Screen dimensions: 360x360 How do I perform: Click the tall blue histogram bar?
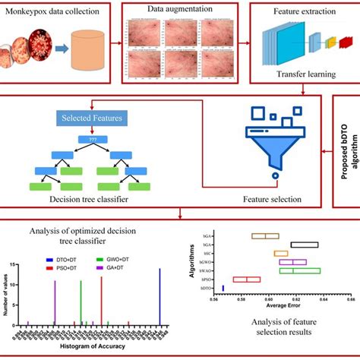pyautogui.click(x=159, y=296)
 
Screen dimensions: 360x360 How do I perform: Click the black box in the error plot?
pyautogui.click(x=305, y=244)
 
